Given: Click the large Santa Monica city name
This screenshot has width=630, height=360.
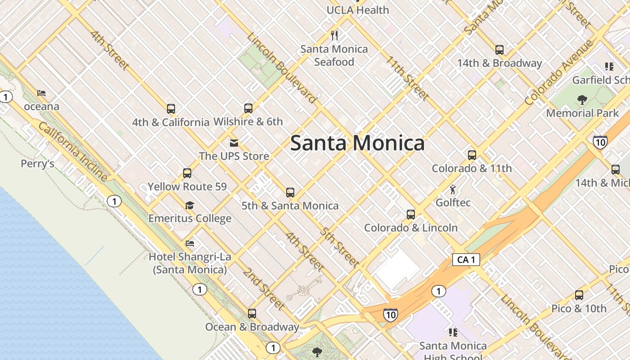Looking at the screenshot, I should tap(357, 143).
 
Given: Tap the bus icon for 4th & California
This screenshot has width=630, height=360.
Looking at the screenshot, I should tap(171, 108).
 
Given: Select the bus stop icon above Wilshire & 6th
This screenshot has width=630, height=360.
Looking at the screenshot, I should tap(248, 108).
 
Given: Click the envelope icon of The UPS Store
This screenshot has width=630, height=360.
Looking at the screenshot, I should tap(234, 143).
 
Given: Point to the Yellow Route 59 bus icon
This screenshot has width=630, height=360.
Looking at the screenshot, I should tap(187, 173).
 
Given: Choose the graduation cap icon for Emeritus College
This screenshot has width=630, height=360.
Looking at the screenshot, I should tap(190, 206).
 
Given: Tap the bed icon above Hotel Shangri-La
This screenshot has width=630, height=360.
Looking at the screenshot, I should tap(190, 243).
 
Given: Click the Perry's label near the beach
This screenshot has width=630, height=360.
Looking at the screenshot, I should tap(37, 163).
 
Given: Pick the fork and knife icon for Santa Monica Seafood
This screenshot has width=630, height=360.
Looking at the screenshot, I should tap(334, 35).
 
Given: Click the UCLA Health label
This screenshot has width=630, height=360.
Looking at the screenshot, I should tap(358, 10).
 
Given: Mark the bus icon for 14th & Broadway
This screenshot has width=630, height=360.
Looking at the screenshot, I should tap(499, 50).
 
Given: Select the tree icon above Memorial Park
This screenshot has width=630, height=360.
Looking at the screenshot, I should tap(582, 99).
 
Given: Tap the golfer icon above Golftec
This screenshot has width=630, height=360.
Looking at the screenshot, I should tap(453, 189).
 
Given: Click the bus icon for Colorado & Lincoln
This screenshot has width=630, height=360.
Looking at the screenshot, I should tap(411, 215).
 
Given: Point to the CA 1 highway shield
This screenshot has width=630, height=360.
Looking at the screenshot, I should tap(466, 260).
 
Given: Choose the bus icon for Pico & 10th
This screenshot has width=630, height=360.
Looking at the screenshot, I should tap(579, 295).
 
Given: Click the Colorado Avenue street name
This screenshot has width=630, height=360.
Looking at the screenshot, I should tap(559, 73).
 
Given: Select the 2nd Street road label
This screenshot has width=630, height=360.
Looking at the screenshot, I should tap(264, 289).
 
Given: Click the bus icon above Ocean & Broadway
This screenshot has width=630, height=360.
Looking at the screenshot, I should tap(252, 314).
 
